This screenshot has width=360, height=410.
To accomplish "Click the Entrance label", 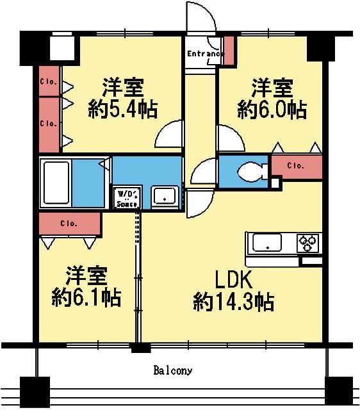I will [204, 54].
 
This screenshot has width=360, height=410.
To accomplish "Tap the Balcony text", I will [173, 370].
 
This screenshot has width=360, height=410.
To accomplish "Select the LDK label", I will [234, 279].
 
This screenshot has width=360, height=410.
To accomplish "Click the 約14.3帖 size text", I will [234, 301].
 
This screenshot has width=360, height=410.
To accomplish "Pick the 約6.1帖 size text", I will [86, 297].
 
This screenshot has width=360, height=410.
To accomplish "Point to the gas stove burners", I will [307, 243].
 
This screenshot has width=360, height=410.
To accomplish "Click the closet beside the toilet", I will [295, 166].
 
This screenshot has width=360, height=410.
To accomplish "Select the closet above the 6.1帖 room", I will [69, 224].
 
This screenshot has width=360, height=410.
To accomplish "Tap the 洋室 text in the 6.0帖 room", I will [272, 86].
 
